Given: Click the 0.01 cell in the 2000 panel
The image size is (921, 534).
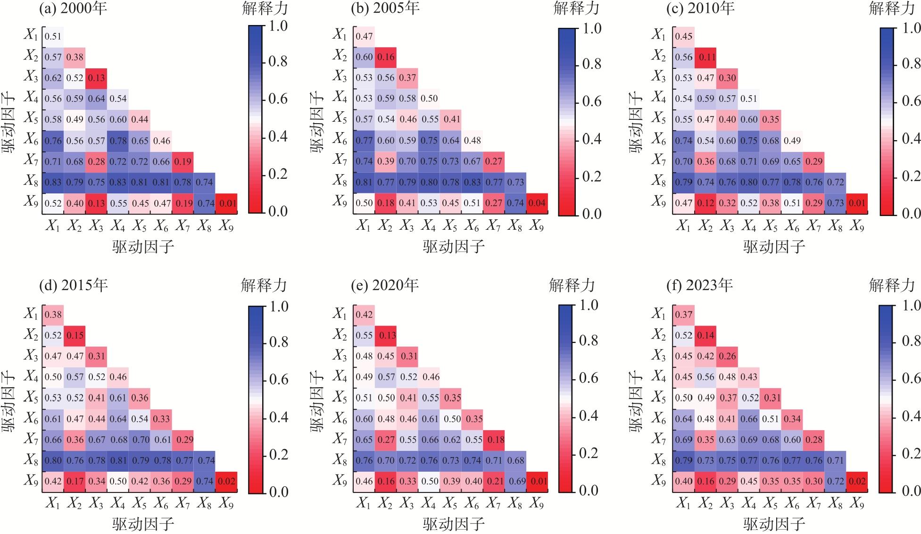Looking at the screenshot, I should (226, 203).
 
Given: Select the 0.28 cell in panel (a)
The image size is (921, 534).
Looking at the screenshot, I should (96, 162).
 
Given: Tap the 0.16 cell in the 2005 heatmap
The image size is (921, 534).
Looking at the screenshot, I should (386, 57).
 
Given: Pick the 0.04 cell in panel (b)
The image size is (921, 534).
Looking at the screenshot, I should (537, 203).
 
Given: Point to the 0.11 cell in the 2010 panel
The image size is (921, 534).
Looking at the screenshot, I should (705, 57).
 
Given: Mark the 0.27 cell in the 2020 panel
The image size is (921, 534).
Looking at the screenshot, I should (386, 440).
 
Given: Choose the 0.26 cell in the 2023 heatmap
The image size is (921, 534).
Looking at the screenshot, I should (727, 356).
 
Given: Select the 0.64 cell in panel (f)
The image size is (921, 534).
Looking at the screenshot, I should (684, 419).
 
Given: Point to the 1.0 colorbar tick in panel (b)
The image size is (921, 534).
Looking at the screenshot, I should (591, 28).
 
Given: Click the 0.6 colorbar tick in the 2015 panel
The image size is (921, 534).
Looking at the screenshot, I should (278, 380).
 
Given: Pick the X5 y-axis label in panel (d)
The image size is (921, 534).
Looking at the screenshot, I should (31, 397).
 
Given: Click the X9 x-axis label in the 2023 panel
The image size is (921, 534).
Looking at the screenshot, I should (857, 504).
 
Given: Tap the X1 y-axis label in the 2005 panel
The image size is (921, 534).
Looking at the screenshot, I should (340, 34).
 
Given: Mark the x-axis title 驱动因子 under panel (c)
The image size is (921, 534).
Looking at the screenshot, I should (774, 246).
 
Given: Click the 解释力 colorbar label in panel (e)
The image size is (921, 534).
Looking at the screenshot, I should (572, 285).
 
